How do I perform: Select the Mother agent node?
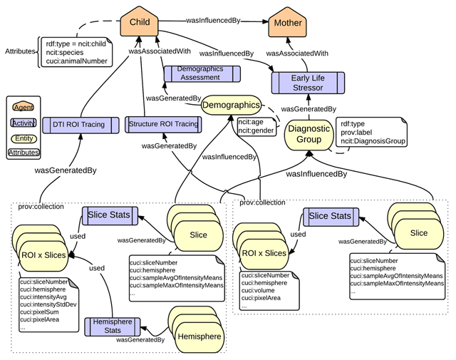(x=288, y=23)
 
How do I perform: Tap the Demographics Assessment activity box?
(x=202, y=73)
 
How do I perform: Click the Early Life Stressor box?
(x=308, y=83)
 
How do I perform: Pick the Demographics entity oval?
(x=231, y=105)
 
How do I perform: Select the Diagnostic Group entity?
(x=309, y=135)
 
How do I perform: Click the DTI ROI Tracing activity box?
(x=81, y=125)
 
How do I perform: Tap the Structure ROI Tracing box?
(x=163, y=125)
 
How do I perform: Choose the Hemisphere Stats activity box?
(x=113, y=326)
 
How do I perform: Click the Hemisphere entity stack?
(x=197, y=329)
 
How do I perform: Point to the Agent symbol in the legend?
(x=24, y=108)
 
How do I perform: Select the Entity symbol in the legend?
(x=24, y=138)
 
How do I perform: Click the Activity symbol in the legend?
(x=24, y=123)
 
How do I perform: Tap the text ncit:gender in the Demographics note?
(x=256, y=130)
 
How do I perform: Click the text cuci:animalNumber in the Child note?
(x=76, y=61)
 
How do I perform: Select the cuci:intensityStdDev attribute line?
(x=48, y=304)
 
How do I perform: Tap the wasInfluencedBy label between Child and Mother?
(x=213, y=21)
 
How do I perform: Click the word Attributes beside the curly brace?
(x=20, y=51)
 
